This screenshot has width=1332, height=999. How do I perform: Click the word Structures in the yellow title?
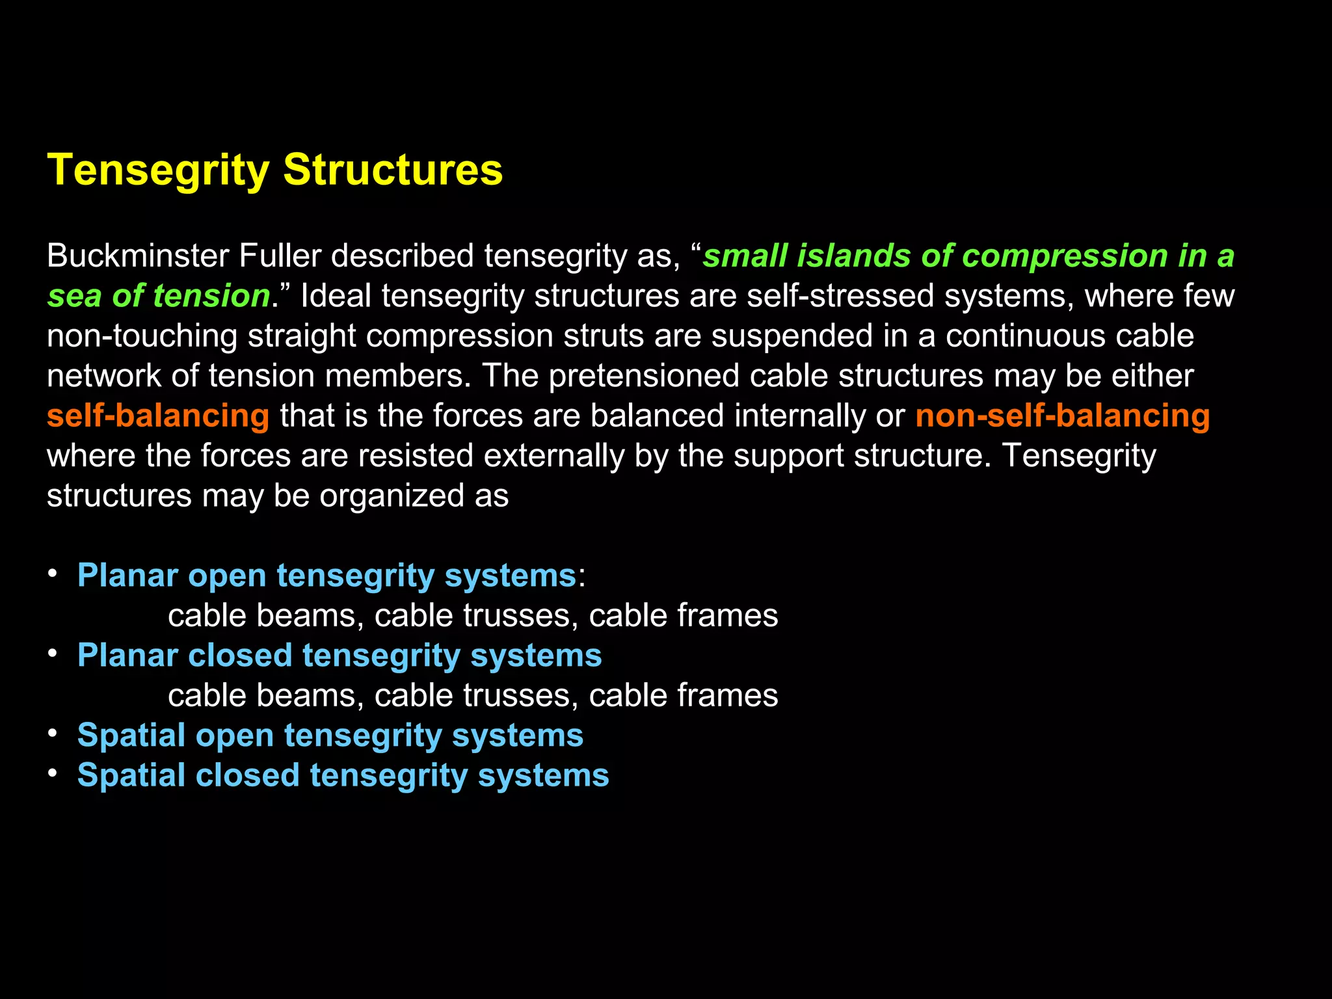[393, 170]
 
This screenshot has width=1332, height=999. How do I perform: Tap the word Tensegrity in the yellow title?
[158, 170]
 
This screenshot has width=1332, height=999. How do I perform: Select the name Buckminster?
[137, 256]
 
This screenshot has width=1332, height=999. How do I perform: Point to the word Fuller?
[280, 256]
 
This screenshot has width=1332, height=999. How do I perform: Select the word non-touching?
[142, 337]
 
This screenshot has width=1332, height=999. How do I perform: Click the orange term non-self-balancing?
[1062, 416]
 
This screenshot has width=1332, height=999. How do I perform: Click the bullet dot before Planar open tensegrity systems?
[53, 573]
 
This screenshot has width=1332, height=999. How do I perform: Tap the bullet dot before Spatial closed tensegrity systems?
[53, 773]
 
